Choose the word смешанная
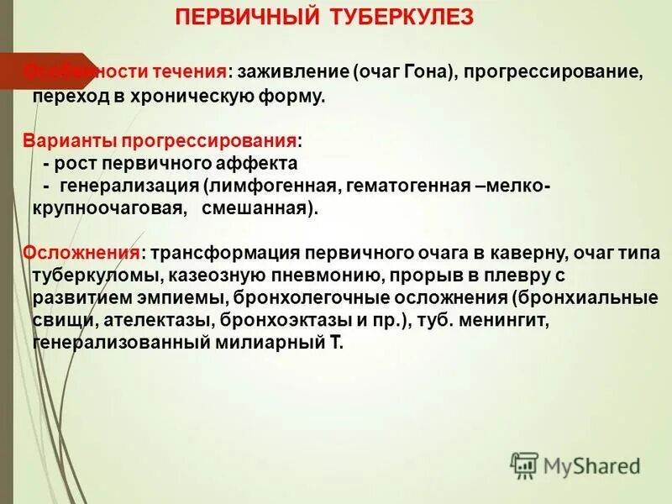(259, 207)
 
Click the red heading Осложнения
(81, 252)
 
